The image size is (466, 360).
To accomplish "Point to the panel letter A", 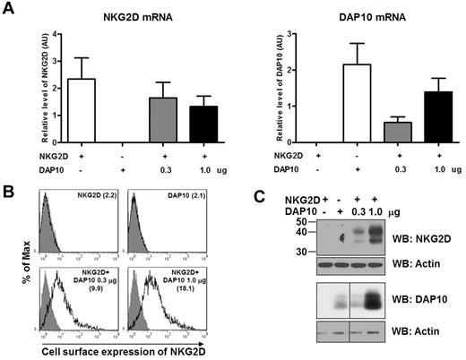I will [8, 8].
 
